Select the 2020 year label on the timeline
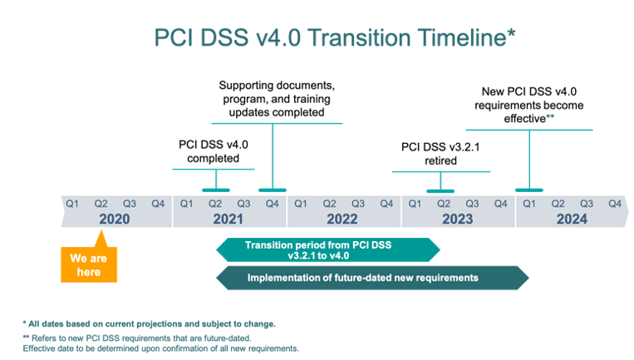click(115, 219)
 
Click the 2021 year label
click(229, 219)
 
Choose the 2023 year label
click(457, 219)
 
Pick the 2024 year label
click(572, 219)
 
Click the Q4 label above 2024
click(614, 203)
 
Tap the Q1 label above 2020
click(72, 203)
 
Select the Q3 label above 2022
click(357, 203)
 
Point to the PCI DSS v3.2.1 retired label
click(440, 154)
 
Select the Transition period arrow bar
click(327, 249)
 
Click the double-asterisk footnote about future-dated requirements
click(160, 343)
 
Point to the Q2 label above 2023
click(444, 203)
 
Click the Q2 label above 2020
click(101, 203)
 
